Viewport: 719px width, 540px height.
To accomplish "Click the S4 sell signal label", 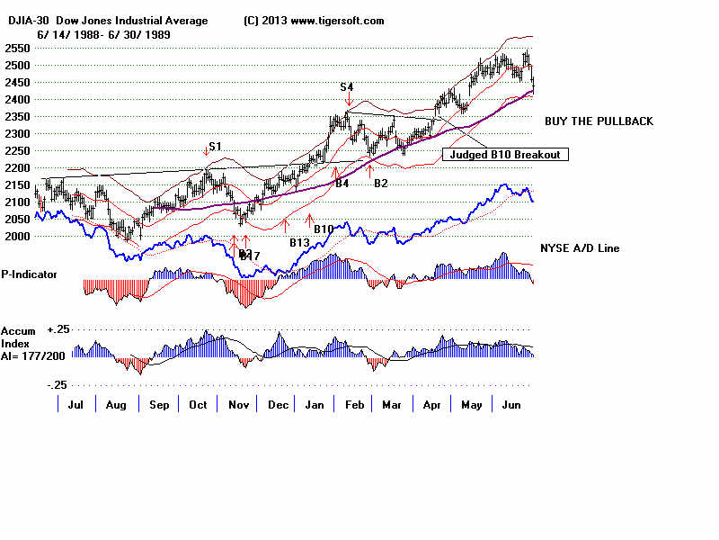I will (x=346, y=86).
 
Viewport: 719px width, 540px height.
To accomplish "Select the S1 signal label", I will (x=215, y=146).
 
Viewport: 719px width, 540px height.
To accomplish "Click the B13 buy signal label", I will (x=299, y=242).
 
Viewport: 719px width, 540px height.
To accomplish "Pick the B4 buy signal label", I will (x=342, y=184).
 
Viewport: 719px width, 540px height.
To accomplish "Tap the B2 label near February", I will (x=380, y=184).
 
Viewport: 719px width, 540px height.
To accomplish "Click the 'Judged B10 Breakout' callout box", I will (x=505, y=154).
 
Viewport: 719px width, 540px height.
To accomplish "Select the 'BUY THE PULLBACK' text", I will (x=599, y=121).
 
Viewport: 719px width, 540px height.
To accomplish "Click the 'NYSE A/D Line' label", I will (x=579, y=247).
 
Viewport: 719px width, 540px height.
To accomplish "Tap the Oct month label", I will (x=197, y=404).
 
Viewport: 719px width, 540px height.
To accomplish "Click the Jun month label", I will (x=510, y=404).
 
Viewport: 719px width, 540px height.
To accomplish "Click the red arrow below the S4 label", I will (x=349, y=100).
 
